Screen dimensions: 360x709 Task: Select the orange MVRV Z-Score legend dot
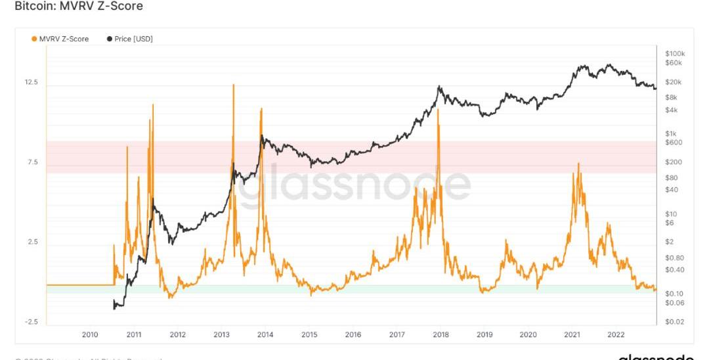[34, 39]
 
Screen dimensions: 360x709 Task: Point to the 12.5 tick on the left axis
[32, 83]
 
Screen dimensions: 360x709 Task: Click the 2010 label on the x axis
[90, 335]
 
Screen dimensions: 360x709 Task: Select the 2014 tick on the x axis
[265, 335]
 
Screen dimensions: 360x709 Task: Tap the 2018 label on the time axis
[440, 335]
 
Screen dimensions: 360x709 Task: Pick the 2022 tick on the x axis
[616, 335]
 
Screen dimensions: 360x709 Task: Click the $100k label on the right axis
[675, 53]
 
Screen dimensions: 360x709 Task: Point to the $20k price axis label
[674, 82]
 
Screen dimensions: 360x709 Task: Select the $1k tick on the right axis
[671, 133]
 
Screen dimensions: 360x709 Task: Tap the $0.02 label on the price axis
[674, 321]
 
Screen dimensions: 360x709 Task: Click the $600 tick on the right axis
[674, 143]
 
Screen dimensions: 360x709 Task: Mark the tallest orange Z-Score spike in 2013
[232, 85]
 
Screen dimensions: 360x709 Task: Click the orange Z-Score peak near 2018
[438, 110]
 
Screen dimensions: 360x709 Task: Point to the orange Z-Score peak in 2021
[578, 164]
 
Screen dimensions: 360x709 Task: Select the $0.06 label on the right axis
[674, 303]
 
